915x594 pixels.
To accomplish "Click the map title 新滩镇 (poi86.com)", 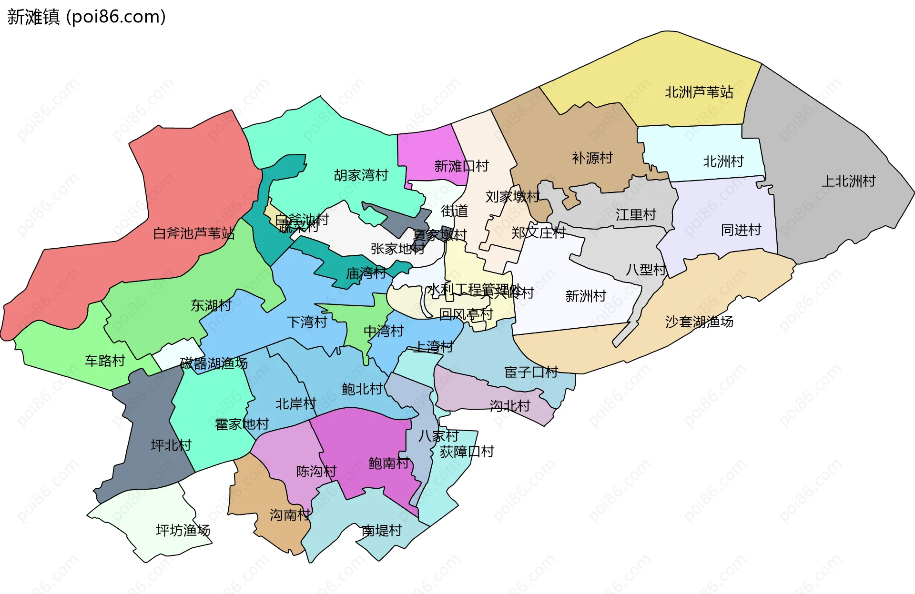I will pyautogui.click(x=86, y=17).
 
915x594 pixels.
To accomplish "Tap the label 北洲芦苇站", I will pyautogui.click(x=699, y=92).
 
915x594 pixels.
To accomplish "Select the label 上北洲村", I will pyautogui.click(x=848, y=181).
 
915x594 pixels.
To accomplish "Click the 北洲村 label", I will pyautogui.click(x=723, y=161).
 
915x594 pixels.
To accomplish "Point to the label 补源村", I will pyautogui.click(x=592, y=158).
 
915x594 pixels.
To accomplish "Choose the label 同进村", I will pyautogui.click(x=741, y=230).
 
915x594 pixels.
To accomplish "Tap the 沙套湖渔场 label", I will pyautogui.click(x=699, y=322).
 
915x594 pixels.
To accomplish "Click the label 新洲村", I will pyautogui.click(x=585, y=296).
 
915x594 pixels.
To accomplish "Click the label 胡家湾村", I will pyautogui.click(x=361, y=175).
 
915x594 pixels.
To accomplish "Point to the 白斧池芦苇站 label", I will pyautogui.click(x=193, y=233).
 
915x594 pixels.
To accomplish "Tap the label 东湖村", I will pyautogui.click(x=211, y=305).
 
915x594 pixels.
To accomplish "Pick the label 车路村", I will pyautogui.click(x=105, y=361).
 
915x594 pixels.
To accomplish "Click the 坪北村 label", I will pyautogui.click(x=171, y=445).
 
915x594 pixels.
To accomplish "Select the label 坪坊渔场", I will pyautogui.click(x=183, y=530).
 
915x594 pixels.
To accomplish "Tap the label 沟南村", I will pyautogui.click(x=290, y=514).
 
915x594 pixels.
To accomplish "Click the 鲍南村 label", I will pyautogui.click(x=388, y=463).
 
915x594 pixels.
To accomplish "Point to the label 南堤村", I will pyautogui.click(x=381, y=530).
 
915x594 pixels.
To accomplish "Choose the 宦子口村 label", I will pyautogui.click(x=531, y=372).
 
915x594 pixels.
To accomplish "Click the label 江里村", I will pyautogui.click(x=636, y=215).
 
